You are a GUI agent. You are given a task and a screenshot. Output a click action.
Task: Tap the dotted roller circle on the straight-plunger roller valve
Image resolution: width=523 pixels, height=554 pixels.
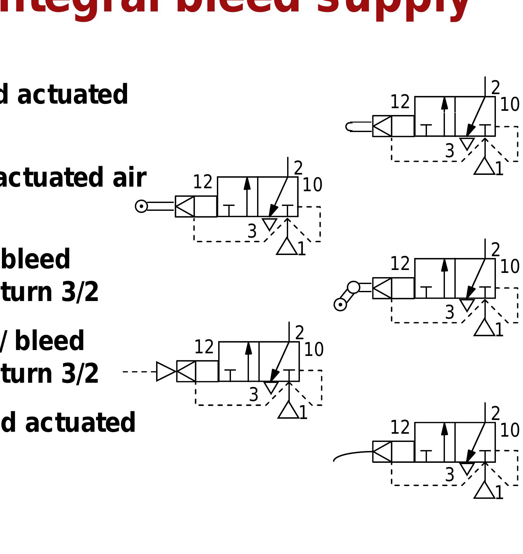click(141, 206)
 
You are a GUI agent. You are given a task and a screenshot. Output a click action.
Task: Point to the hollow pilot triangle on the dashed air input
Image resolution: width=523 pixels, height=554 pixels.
click(166, 371)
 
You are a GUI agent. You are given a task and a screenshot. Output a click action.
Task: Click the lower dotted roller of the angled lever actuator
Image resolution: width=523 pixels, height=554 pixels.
click(340, 305)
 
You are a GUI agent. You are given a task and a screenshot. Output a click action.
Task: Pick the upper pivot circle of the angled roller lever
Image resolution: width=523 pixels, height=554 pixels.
click(353, 287)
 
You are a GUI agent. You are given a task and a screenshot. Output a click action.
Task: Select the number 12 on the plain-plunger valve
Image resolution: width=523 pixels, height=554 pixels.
click(400, 102)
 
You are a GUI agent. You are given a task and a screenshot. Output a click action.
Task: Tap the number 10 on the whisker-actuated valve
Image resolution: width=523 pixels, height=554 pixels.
click(510, 430)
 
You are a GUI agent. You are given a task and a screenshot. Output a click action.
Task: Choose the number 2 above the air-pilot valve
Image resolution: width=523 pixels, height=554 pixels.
click(300, 333)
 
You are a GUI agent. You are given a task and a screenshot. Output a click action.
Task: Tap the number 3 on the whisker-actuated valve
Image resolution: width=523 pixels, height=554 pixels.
click(449, 475)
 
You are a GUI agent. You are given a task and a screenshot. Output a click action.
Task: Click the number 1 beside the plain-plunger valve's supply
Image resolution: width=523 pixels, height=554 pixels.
click(499, 169)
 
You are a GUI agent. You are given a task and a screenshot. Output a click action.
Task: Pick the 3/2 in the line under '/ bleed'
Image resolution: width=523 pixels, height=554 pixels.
click(80, 374)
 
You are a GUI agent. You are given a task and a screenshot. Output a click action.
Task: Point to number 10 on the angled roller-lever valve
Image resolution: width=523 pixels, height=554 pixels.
click(510, 267)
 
